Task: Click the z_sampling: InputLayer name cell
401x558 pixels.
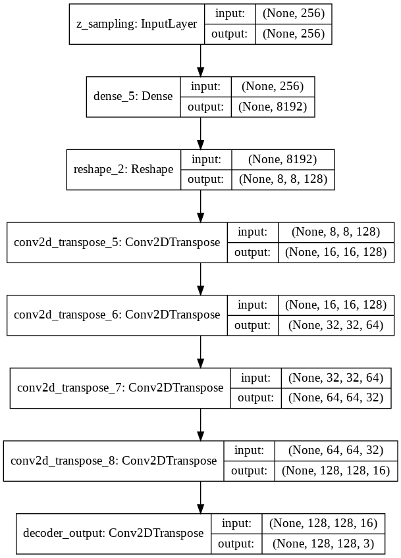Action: (137, 24)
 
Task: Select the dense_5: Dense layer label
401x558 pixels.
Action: (133, 97)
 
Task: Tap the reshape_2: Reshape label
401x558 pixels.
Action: (123, 169)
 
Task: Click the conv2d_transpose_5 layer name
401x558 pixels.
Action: (117, 242)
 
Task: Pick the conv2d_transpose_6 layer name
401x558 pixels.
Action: (117, 315)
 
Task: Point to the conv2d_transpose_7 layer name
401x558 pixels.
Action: (120, 388)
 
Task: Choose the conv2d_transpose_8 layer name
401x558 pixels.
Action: (114, 461)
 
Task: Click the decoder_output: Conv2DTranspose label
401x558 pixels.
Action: (113, 534)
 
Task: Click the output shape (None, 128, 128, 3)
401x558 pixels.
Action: (323, 544)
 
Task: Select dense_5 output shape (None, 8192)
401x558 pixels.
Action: (273, 107)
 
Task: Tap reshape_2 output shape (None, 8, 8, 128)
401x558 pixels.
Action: (283, 180)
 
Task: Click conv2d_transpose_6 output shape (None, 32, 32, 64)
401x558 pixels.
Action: (336, 325)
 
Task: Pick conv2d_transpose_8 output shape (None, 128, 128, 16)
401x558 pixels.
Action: (336, 471)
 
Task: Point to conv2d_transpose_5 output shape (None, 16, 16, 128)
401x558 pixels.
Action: (336, 252)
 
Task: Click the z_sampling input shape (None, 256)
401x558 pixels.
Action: (294, 14)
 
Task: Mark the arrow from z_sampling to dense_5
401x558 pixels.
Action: (200, 61)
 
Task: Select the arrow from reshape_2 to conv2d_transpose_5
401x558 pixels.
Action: (200, 206)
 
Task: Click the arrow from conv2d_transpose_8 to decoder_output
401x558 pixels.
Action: (200, 497)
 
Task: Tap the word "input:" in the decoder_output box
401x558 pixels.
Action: (236, 524)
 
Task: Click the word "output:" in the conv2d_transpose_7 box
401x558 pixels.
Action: (255, 398)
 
